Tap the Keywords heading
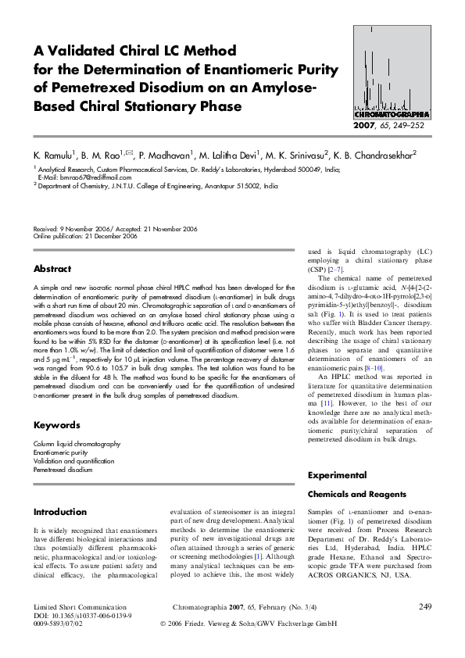pyautogui.click(x=56, y=425)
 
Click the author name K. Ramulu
pyautogui.click(x=54, y=156)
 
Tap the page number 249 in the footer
pyautogui.click(x=425, y=606)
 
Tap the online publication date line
pyautogui.click(x=85, y=236)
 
